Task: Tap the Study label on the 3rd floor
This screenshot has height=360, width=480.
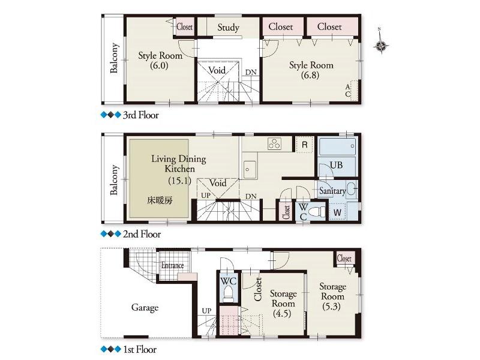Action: pos(228,28)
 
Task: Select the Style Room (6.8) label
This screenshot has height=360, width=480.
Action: pos(311,70)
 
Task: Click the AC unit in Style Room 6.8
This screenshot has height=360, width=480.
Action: pos(352,91)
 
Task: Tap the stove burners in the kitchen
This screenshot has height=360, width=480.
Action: pos(274,144)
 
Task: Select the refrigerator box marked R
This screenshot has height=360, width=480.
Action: pos(305,145)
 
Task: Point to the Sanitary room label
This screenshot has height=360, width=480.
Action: pos(332,191)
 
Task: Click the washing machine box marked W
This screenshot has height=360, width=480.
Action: pos(337,211)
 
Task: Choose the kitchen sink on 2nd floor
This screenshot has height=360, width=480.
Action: pos(250,169)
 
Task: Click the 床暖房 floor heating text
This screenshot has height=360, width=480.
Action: pos(160,200)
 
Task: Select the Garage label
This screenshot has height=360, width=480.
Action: pos(145,308)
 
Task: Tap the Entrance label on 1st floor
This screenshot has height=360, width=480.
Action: pos(172,266)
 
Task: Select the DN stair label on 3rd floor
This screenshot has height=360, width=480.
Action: pos(251,72)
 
